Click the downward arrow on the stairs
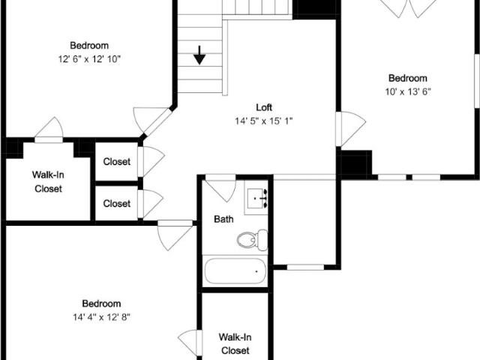point(199,55)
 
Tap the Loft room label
point(264,107)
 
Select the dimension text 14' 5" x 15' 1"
point(264,121)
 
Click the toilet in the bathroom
point(252,240)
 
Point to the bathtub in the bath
point(235,271)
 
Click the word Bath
point(223,219)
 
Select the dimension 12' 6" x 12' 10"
point(89,59)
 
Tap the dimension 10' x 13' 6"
point(408,91)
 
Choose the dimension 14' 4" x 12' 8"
point(102,316)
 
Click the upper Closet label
point(117,162)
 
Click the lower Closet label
point(117,203)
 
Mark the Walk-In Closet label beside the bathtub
point(235,343)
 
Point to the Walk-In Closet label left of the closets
point(48,181)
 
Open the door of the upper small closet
point(151,161)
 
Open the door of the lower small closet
point(150,204)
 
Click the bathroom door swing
point(220,187)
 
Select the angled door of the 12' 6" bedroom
point(152,121)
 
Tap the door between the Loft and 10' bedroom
point(350,128)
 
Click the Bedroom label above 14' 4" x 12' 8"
point(102,303)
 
